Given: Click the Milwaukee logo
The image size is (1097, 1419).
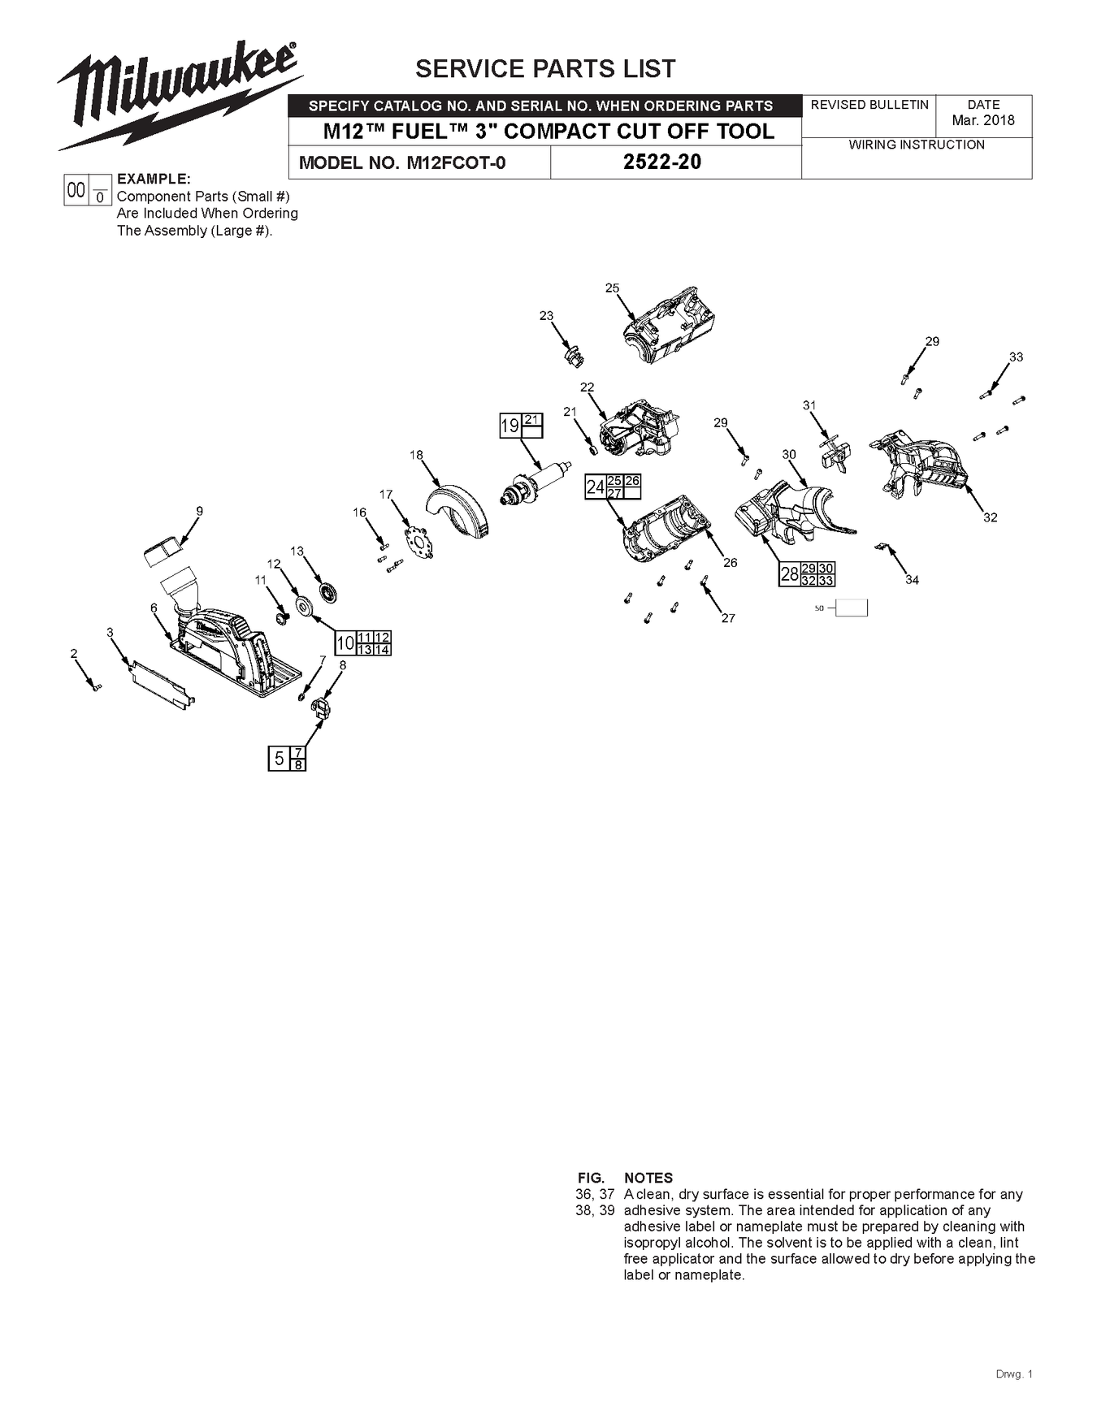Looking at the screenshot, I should coord(179,93).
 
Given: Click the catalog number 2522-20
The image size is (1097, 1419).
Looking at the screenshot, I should coord(661,162).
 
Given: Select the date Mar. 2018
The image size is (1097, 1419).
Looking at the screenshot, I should coord(983,120).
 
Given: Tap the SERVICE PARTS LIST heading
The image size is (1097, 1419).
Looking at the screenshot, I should coord(545,69).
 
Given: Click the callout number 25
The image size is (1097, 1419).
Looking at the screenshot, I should coord(612,288).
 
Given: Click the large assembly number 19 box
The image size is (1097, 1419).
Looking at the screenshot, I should coord(509,426).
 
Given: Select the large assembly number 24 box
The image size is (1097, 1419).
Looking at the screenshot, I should coord(595,487).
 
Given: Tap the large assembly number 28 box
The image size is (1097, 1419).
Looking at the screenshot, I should coord(789,574).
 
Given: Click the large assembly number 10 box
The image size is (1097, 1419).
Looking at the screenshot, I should coord(345,643).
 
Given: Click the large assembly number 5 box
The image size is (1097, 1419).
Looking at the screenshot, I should coord(279,759).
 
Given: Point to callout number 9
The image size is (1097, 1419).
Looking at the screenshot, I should coord(199,511).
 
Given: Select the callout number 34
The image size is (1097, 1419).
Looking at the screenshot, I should coord(912,580).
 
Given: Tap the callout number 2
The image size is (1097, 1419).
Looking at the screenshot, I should coord(74,653).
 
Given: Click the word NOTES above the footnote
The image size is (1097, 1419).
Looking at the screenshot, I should coord(648,1178).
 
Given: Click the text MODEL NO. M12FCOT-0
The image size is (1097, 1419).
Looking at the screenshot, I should coord(402,162).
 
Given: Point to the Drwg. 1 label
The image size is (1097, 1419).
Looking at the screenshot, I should coord(1013,1374).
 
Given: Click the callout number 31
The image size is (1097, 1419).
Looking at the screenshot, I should coord(809,405).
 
